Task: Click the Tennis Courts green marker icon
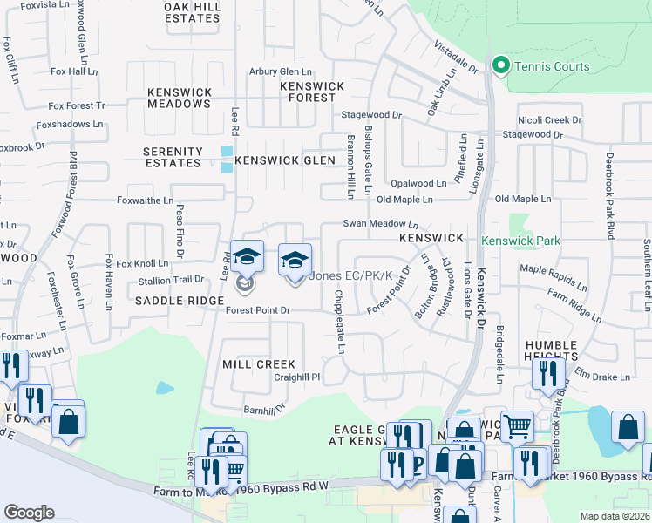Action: (x=501, y=66)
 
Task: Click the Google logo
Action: (x=29, y=513)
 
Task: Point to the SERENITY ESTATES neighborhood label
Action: (x=173, y=157)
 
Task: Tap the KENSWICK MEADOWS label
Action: (x=179, y=98)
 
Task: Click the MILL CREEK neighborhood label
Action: (x=259, y=363)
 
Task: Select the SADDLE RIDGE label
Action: (x=180, y=300)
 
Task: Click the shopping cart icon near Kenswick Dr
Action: (x=517, y=427)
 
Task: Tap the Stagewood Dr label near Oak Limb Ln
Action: (x=370, y=114)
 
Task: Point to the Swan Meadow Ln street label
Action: (x=381, y=224)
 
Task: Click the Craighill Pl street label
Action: (x=297, y=378)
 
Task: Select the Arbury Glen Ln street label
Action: (x=281, y=71)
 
